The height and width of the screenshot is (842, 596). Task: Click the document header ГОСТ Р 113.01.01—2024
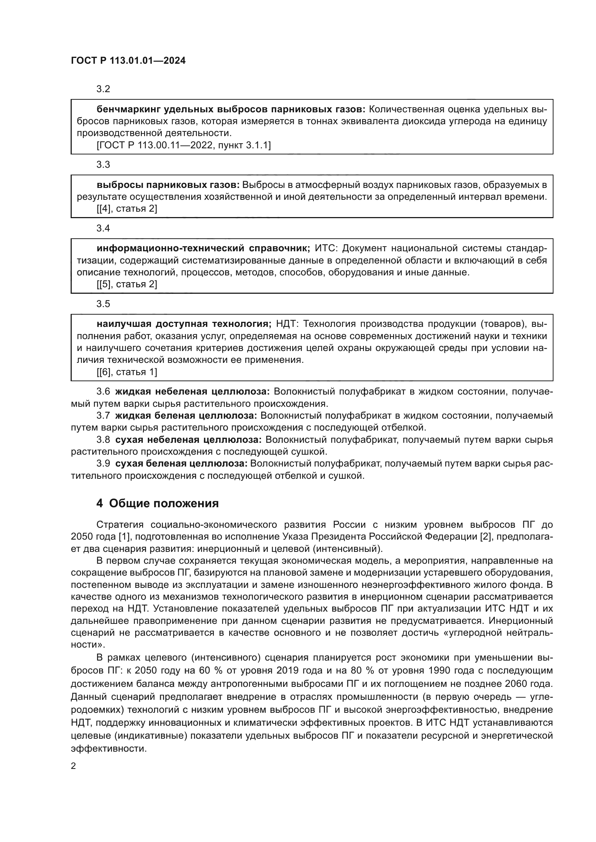[128, 61]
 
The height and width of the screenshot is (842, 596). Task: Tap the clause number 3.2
[103, 89]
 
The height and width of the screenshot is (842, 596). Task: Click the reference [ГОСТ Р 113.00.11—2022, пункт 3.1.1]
[183, 145]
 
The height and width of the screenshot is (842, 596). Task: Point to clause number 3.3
[103, 165]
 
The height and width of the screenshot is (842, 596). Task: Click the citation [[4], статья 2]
[126, 209]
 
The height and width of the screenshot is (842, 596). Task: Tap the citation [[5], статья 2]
[126, 284]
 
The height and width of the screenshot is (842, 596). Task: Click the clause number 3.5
[103, 304]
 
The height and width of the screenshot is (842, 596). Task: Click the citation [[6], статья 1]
[126, 372]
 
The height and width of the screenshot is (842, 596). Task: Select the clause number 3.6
[103, 392]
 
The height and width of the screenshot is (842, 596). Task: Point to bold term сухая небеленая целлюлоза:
[188, 440]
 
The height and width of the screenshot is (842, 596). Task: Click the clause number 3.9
[103, 464]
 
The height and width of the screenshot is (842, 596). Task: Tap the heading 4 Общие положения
[157, 504]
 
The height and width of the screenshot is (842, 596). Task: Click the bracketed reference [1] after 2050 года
[122, 536]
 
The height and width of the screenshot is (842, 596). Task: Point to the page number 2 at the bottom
[74, 766]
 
